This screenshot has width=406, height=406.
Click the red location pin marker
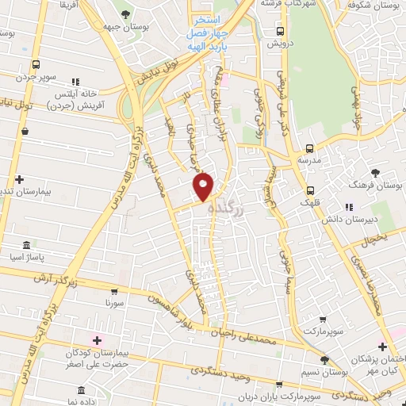(204, 186)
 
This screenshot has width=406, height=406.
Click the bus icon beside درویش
(278, 32)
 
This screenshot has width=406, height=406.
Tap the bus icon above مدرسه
(309, 147)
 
